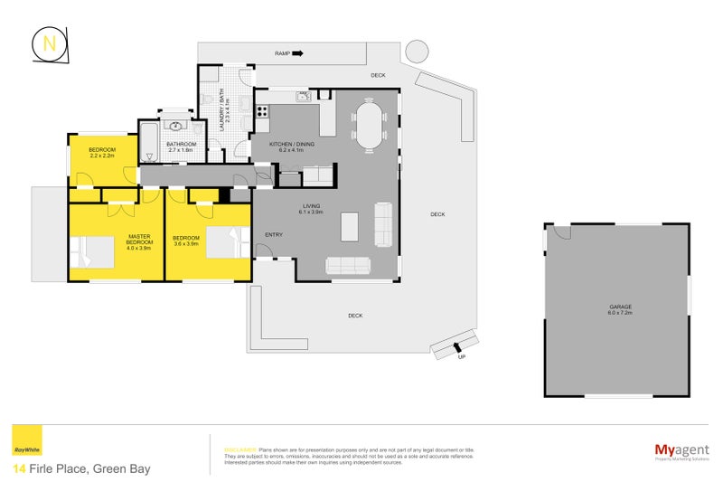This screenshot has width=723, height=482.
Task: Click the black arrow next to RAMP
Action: pyautogui.click(x=297, y=53)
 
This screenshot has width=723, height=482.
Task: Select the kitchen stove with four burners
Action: pyautogui.click(x=262, y=112)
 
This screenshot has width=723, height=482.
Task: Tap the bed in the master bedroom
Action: pyautogui.click(x=92, y=250)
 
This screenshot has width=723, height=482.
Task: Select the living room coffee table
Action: pyautogui.click(x=349, y=226)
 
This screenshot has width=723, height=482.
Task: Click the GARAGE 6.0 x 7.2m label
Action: pyautogui.click(x=620, y=310)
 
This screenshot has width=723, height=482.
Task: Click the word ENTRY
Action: pyautogui.click(x=273, y=235)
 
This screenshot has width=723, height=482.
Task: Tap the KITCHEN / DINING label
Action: pyautogui.click(x=293, y=146)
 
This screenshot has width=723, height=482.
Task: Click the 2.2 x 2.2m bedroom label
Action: pyautogui.click(x=101, y=153)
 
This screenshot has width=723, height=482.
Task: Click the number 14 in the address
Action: pyautogui.click(x=19, y=468)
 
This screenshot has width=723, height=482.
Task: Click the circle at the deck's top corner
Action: pyautogui.click(x=417, y=52)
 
